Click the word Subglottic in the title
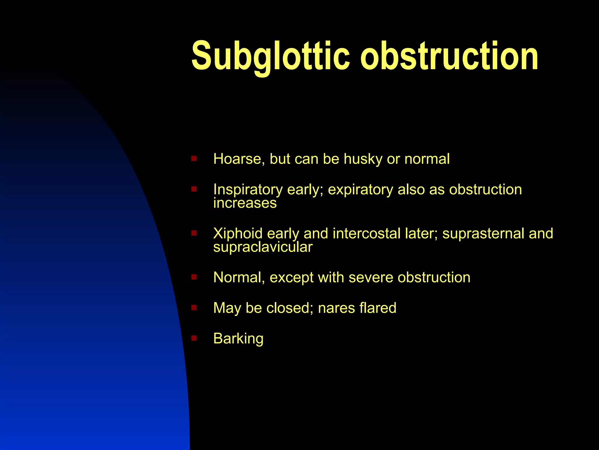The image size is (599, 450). tap(270, 56)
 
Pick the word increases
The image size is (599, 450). tap(245, 203)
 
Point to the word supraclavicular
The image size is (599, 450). tap(263, 247)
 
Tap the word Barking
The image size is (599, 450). tap(238, 339)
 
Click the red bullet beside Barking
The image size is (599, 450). tap(194, 338)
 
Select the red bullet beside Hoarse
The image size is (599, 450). tap(194, 159)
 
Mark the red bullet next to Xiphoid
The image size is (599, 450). tap(194, 233)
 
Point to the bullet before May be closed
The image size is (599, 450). tap(194, 308)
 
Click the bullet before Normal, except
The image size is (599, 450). tap(194, 277)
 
